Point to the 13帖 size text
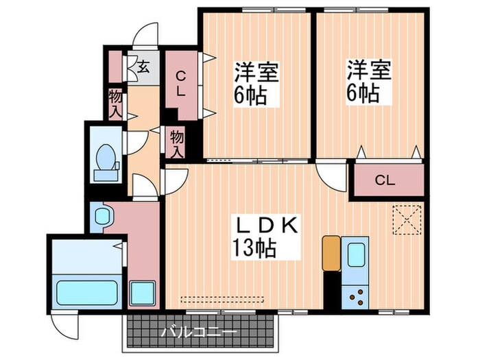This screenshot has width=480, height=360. tap(253, 248)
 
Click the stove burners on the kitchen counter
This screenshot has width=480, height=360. tap(357, 297)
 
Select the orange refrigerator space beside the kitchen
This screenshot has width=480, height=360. tap(330, 253)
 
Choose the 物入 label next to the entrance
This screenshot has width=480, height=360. tap(115, 101)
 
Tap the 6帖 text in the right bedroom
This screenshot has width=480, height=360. tap(363, 94)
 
